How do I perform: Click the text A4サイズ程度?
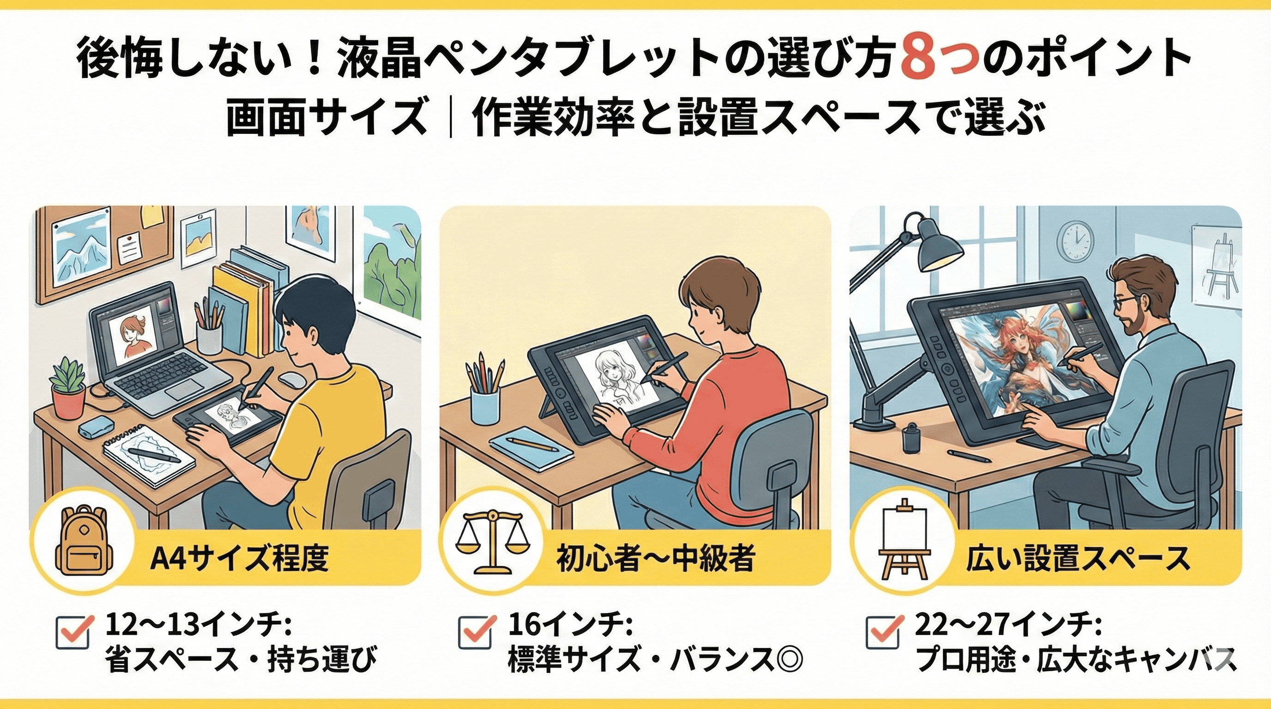pos(239,559)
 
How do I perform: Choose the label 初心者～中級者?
pos(656,559)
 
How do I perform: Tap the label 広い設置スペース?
pos(1077,559)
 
